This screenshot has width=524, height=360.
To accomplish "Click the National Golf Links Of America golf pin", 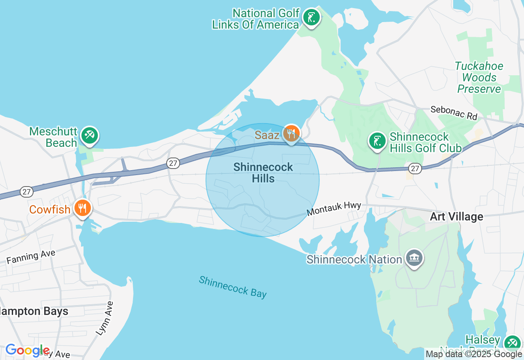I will (312, 18).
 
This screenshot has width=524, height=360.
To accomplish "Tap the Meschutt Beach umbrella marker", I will (89, 135).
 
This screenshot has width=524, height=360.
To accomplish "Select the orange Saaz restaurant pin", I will (291, 133).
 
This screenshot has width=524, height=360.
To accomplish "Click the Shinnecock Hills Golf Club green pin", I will (377, 141).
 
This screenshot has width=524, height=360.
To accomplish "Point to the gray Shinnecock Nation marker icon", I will (414, 258).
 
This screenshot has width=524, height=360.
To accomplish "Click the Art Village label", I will (456, 216).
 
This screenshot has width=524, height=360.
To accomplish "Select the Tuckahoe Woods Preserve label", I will (479, 77).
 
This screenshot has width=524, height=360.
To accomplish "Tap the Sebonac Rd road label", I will (454, 113).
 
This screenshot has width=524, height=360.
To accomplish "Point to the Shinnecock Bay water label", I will (233, 287).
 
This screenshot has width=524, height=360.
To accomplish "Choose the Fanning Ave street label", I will (31, 257).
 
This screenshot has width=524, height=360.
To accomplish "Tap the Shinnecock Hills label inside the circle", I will (263, 173).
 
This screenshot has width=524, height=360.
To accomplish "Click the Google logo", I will (27, 351).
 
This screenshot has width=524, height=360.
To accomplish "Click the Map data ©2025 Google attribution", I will (474, 354).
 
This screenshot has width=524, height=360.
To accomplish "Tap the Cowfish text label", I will (50, 209).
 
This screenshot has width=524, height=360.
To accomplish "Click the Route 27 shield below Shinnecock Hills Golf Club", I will (415, 169).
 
